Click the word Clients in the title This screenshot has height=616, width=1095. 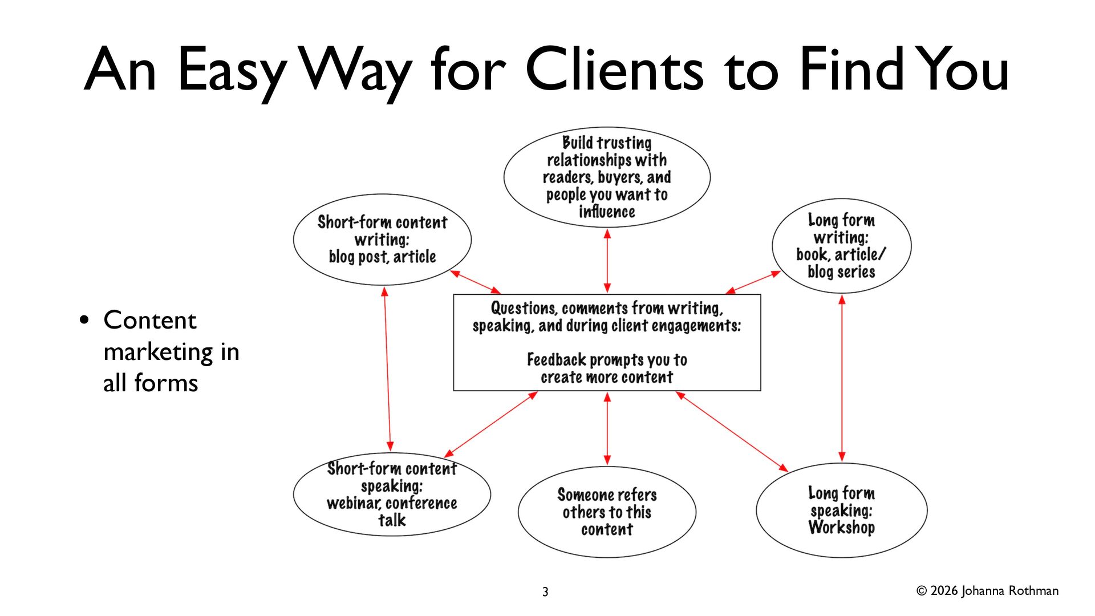point(614,70)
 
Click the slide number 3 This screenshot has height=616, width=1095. point(545,592)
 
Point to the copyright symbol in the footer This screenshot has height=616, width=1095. point(922,591)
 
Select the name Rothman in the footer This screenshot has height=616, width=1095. point(1033,591)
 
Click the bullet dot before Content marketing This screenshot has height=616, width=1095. point(85,320)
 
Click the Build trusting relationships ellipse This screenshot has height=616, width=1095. point(607,177)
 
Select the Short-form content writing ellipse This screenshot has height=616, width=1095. point(382,240)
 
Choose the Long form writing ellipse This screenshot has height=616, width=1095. point(841,246)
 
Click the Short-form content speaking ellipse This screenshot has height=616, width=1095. point(392,494)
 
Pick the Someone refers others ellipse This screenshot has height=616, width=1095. point(607,512)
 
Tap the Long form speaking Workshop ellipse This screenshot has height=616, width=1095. point(841,510)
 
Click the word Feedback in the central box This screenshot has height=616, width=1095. point(556,360)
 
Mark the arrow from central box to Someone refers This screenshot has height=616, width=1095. point(607,428)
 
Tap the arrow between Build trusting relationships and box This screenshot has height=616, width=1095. point(607,261)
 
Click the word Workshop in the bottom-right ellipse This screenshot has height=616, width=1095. point(841,528)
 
